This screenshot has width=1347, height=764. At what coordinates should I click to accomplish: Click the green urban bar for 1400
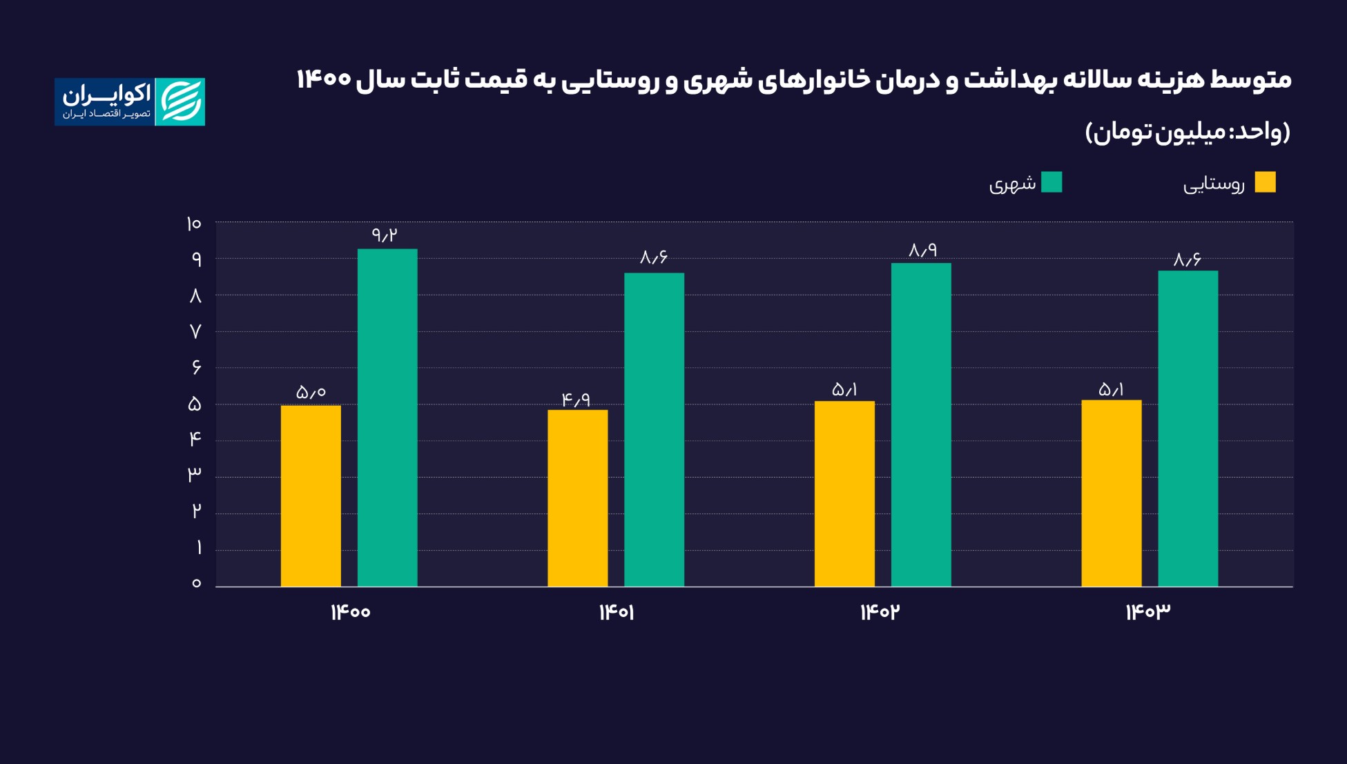pyautogui.click(x=387, y=418)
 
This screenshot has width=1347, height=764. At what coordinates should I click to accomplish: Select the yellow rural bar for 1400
pyautogui.click(x=311, y=496)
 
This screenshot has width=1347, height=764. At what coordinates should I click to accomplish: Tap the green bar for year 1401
pyautogui.click(x=654, y=429)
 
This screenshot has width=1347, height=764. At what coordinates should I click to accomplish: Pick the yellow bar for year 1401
pyautogui.click(x=578, y=498)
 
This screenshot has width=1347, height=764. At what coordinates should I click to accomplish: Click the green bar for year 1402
pyautogui.click(x=921, y=424)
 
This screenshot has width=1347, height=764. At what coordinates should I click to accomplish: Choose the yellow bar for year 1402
pyautogui.click(x=844, y=493)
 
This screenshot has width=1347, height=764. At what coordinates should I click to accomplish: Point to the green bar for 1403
pyautogui.click(x=1188, y=428)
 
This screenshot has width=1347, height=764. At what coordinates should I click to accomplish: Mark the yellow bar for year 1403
pyautogui.click(x=1112, y=493)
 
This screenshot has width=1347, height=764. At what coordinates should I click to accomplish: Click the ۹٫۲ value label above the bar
pyautogui.click(x=385, y=235)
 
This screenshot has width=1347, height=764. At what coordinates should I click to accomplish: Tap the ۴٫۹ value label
pyautogui.click(x=576, y=399)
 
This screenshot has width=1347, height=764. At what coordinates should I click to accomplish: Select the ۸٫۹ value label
pyautogui.click(x=922, y=250)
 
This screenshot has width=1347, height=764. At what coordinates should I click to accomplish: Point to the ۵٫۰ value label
pyautogui.click(x=311, y=393)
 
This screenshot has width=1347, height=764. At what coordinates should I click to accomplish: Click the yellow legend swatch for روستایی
pyautogui.click(x=1265, y=182)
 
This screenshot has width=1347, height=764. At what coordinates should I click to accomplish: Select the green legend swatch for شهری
pyautogui.click(x=1052, y=182)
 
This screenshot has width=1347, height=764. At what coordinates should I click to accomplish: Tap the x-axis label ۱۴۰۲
pyautogui.click(x=880, y=612)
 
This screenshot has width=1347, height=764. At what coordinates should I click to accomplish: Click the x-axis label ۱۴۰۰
pyautogui.click(x=351, y=612)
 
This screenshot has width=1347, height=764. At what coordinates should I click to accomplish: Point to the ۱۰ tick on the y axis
pyautogui.click(x=193, y=224)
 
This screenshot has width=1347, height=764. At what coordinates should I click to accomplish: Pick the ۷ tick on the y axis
pyautogui.click(x=195, y=332)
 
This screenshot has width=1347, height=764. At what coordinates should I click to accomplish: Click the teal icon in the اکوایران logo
pyautogui.click(x=180, y=101)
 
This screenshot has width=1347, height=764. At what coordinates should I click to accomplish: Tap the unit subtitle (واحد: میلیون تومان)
pyautogui.click(x=1188, y=131)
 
